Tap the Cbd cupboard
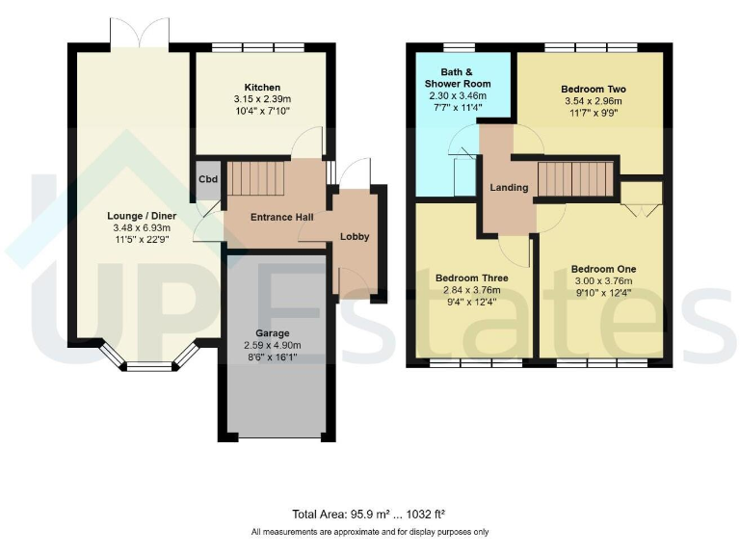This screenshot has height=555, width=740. (x=208, y=180)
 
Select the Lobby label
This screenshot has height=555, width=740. (x=354, y=236)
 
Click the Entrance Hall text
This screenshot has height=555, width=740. (x=282, y=218)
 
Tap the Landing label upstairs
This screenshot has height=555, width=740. (x=508, y=187)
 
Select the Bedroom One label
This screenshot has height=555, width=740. (x=603, y=269)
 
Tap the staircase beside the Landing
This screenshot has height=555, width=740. (x=574, y=178)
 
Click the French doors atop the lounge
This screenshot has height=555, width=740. (x=140, y=34)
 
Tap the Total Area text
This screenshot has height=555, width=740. (x=369, y=515)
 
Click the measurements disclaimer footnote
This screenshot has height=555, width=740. (x=369, y=532)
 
